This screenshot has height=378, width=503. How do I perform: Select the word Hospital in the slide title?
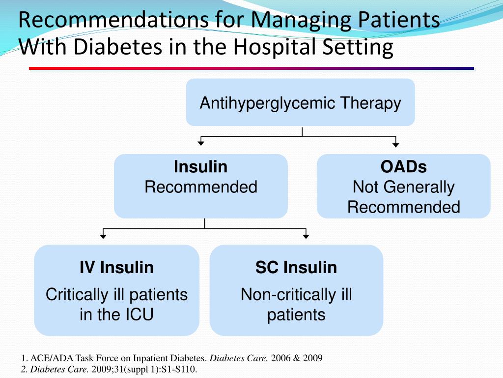274,48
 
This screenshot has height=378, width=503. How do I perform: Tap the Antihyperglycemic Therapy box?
300,103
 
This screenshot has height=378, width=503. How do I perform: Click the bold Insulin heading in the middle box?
200,167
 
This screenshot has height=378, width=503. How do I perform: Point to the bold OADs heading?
403,167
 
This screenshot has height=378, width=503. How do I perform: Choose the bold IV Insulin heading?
116,267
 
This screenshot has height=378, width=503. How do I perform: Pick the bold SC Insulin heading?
296,267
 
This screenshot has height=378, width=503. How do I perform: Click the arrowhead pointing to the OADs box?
396,144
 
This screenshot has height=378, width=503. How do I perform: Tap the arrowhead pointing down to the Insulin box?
200,143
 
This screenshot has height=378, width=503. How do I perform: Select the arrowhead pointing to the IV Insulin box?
103,236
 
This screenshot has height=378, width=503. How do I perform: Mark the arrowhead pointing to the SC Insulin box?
306,236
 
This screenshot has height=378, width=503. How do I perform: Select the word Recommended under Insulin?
200,187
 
